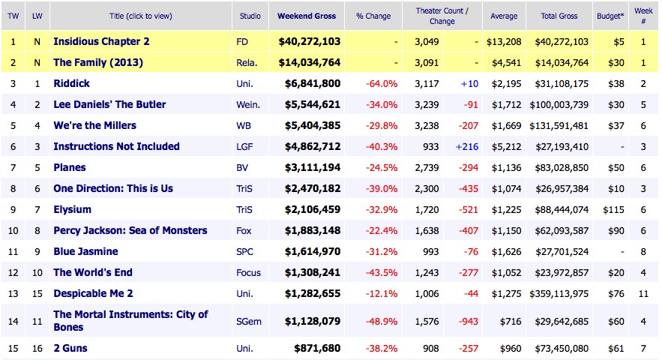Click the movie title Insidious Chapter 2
click(x=101, y=41)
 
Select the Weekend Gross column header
click(x=307, y=16)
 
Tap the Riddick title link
click(x=72, y=83)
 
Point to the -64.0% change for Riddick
click(x=382, y=83)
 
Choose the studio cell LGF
click(x=244, y=146)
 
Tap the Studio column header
click(x=250, y=16)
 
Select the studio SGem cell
click(x=249, y=321)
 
